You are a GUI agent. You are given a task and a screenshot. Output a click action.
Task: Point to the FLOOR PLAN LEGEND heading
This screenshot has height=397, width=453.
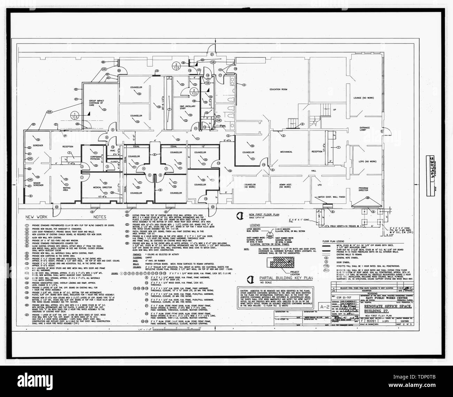point(336,241)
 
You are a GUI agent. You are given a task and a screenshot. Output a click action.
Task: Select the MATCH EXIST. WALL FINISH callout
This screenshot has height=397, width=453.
point(331,197)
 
